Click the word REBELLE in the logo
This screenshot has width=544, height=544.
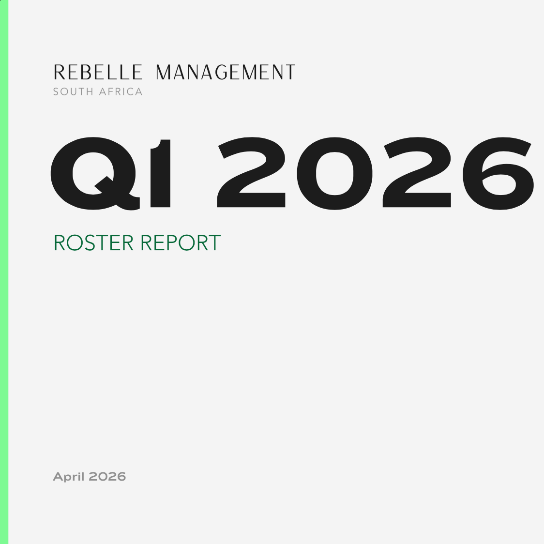(98, 73)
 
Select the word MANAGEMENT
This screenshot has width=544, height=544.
(225, 73)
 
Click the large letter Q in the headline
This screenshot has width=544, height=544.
(94, 173)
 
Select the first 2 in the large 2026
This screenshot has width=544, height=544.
(251, 173)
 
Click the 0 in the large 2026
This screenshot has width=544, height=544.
(334, 173)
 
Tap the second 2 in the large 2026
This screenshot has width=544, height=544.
(417, 173)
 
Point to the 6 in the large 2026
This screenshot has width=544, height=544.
(498, 173)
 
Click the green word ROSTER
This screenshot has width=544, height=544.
(93, 243)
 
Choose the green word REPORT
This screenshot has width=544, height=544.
(181, 243)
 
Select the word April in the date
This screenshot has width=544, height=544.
(69, 477)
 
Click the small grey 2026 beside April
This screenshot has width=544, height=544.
(107, 477)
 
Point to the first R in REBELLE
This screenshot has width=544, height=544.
(59, 73)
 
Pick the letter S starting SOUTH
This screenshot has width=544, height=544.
(56, 92)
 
